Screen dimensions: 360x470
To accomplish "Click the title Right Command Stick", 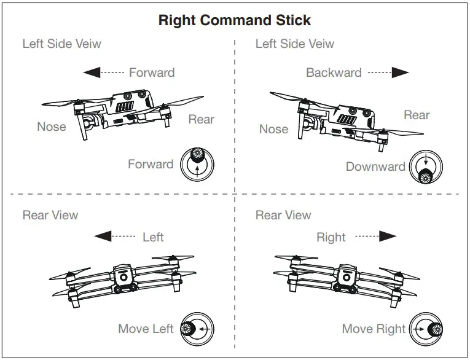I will coord(235,20).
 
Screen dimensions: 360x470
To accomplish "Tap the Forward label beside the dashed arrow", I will coord(151,72).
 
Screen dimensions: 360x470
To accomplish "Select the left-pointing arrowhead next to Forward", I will coord(92,72).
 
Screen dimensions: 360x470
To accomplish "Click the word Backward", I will coord(334,72).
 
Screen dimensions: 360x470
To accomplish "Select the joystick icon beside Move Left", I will coord(197,329).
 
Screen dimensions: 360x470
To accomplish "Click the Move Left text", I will coord(146,329).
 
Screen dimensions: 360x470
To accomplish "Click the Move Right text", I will coord(374,329).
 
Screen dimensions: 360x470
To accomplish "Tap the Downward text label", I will coord(375,166).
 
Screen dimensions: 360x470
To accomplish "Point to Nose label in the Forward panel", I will coord(51,127).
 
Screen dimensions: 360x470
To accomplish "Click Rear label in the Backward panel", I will coord(417,115).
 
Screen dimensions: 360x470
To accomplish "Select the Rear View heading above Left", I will coord(50,215).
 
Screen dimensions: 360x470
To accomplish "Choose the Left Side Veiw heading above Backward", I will coord(295,44).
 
